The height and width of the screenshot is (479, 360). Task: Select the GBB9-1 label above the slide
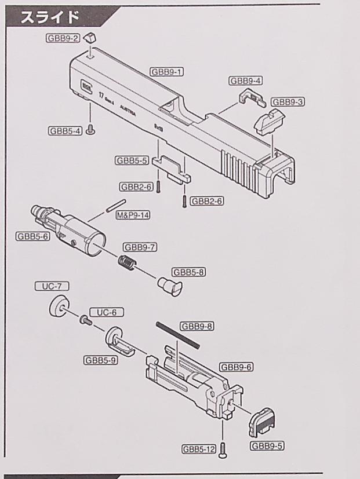coord(167,72)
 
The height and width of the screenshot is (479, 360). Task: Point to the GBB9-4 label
coord(246,81)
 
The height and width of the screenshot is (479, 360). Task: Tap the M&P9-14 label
coord(133,214)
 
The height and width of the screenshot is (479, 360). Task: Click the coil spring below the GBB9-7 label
coord(126,264)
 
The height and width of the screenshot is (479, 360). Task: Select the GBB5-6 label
coord(32,236)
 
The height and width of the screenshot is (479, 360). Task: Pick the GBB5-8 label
coord(190,272)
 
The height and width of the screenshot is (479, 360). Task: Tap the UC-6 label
coord(106,312)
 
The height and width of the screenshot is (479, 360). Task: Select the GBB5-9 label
coord(101,360)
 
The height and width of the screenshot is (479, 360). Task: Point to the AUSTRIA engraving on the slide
coord(128,111)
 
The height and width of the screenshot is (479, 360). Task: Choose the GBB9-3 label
coord(288,102)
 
